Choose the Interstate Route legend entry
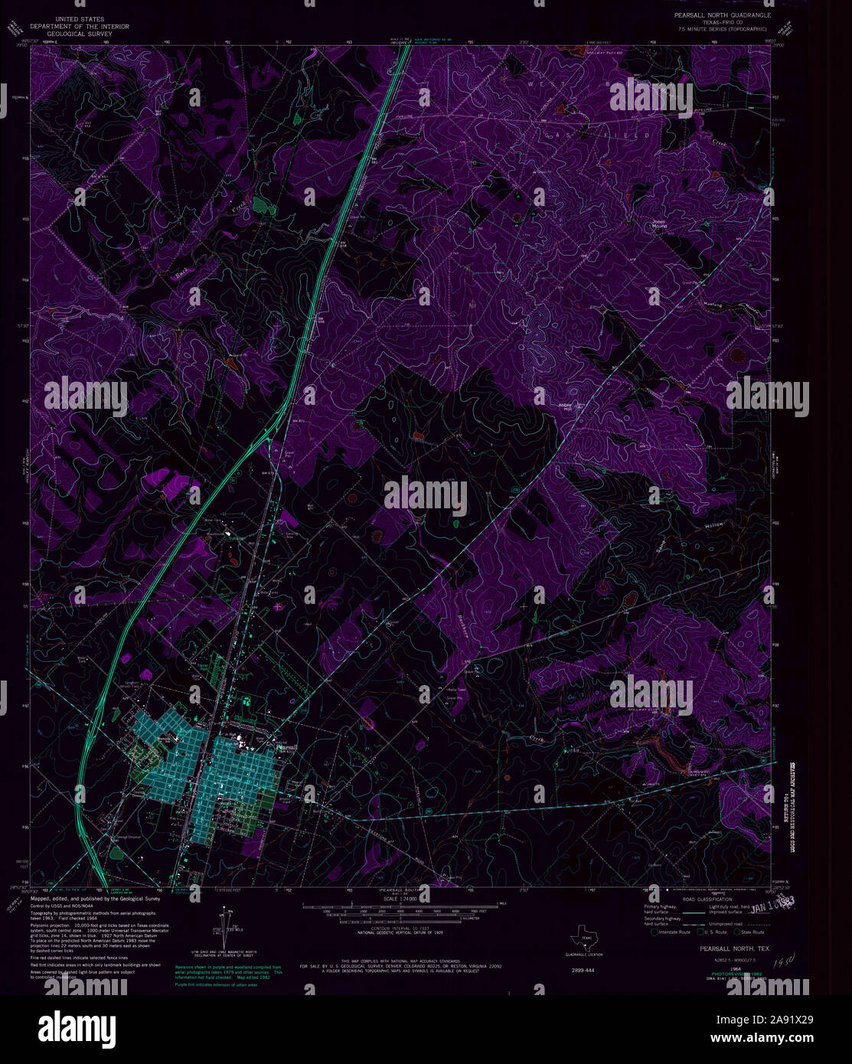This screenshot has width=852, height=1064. click(673, 932)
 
